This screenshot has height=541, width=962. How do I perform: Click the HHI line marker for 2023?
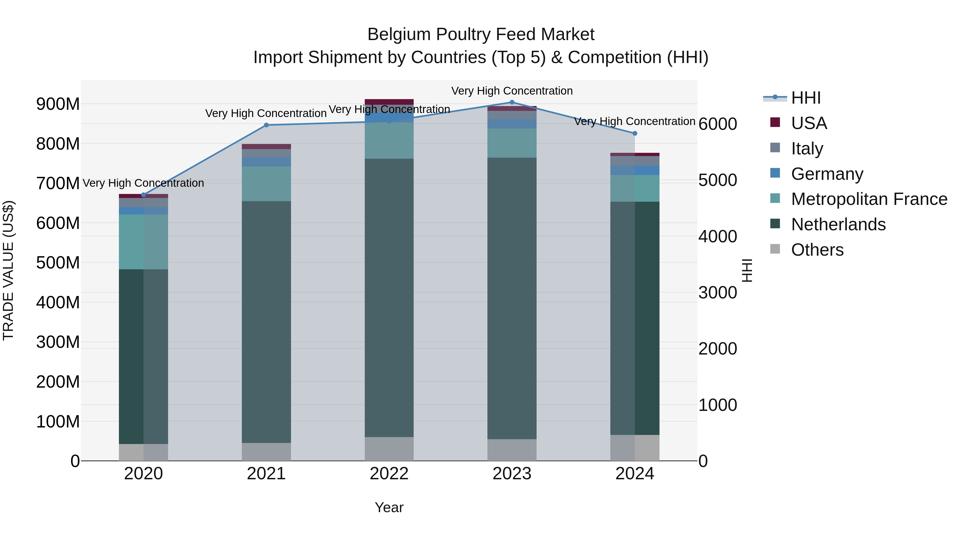point(512,102)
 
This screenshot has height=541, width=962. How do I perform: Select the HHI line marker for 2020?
point(143,195)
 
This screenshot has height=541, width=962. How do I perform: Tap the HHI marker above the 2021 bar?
point(266,125)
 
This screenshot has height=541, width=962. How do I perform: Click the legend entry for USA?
point(809,123)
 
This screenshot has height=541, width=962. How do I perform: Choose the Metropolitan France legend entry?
point(869,199)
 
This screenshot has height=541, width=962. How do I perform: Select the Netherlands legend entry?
point(838,224)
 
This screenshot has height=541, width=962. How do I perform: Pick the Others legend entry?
point(817,250)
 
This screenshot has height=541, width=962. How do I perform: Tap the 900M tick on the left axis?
point(58,104)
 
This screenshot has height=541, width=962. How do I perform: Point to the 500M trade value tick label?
point(58,263)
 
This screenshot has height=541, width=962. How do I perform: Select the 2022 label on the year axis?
point(389,474)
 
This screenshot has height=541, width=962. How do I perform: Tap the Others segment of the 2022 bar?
point(389,449)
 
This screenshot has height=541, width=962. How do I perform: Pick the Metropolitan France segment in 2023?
point(512,143)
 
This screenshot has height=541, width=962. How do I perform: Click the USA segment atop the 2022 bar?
point(389,102)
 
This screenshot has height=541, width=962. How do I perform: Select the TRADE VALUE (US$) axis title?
point(8,270)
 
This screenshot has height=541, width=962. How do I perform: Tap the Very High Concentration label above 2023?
point(512,91)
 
